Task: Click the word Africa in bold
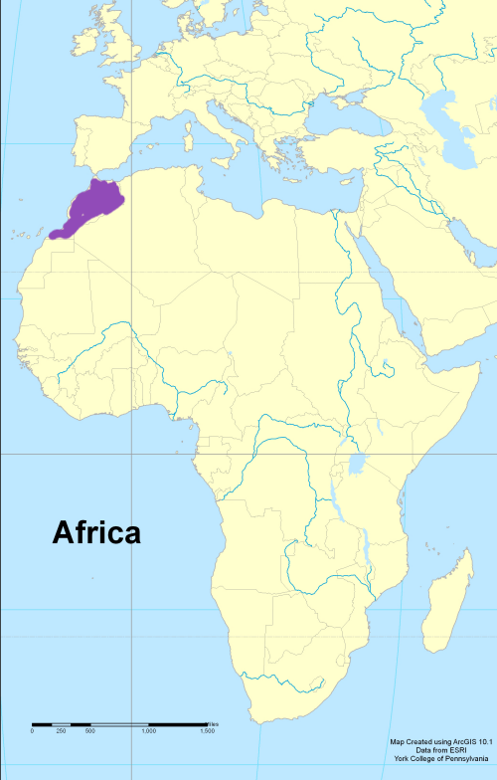pos(96,533)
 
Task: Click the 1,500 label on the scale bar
pos(207,731)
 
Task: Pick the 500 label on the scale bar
pos(89,731)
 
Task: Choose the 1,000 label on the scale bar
pos(148,731)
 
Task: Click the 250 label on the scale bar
pos(61,731)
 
